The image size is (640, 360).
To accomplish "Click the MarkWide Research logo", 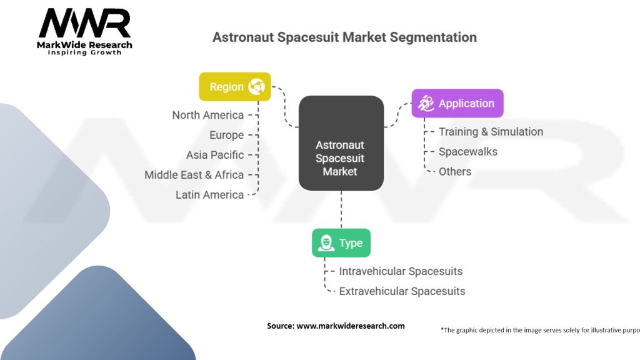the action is (x=84, y=32).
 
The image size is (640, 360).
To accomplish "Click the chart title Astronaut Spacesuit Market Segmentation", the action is (x=344, y=37).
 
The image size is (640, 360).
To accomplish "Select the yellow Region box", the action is (x=235, y=86).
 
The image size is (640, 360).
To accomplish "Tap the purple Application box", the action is (x=457, y=103).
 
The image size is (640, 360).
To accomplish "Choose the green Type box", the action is (x=341, y=243).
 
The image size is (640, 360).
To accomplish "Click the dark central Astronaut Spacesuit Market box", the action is (x=341, y=143).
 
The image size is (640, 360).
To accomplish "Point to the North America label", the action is (x=207, y=115).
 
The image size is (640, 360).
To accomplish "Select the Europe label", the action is (x=226, y=135).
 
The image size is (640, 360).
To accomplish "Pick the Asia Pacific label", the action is (x=215, y=155).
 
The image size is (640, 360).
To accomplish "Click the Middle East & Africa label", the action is (x=194, y=175).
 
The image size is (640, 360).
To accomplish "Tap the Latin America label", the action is (x=209, y=195).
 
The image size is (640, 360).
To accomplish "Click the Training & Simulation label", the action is (x=491, y=132).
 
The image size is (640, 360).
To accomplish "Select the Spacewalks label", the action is (x=468, y=152).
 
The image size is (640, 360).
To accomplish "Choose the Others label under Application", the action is (x=455, y=172).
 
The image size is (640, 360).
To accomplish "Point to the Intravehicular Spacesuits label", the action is (x=401, y=271).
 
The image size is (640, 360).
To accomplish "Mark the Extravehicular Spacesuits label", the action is (x=402, y=291).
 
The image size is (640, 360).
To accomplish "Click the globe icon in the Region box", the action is (x=256, y=86).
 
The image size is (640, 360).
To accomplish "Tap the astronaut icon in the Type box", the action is (x=326, y=243).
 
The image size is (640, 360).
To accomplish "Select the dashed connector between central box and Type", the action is (x=341, y=209).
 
